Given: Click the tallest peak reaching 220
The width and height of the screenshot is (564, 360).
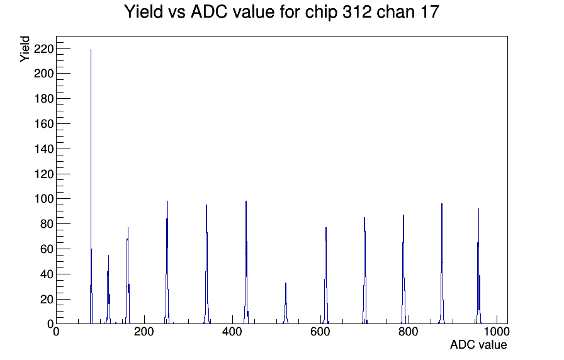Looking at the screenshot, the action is point(91,187).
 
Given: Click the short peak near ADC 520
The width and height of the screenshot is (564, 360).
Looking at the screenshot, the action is point(286,304).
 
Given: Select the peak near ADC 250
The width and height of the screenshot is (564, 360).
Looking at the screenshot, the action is point(167,262).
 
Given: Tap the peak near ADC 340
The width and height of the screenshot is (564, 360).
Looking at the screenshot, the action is point(206,264).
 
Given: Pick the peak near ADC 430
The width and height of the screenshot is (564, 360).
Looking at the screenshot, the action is point(246,262).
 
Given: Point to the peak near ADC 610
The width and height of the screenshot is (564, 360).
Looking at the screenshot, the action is point(326,276).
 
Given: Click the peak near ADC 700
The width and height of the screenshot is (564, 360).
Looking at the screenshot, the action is point(364,271).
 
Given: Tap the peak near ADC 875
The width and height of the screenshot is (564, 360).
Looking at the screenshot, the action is point(442,264).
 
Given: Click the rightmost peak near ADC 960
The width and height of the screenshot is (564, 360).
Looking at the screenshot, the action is point(479,266).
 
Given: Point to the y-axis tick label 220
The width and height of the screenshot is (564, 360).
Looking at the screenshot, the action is point(43,48).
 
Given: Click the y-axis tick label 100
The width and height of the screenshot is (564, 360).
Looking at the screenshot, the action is point(43,198).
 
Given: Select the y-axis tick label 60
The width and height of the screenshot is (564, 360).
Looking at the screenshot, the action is point(47,249).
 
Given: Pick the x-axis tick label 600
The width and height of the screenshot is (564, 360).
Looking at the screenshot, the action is point(320,332).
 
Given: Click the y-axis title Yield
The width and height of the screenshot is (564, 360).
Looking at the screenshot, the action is point(25,49).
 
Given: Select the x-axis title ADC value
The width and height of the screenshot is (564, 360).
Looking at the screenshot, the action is point(478,345).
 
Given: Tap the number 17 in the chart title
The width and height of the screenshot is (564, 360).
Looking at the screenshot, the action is point(430,12).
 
